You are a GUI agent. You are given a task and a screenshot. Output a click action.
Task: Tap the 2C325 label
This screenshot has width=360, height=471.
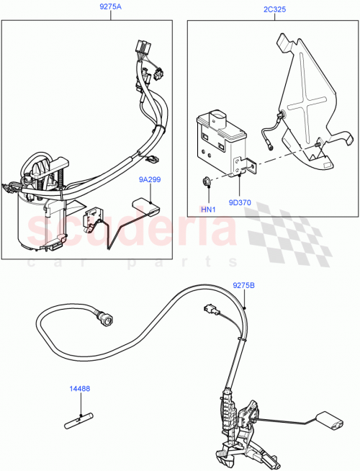click(276, 11)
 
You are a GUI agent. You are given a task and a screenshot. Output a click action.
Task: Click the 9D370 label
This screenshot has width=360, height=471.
click(241, 204)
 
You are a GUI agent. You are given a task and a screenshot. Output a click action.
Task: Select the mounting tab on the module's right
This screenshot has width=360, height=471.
click(249, 167)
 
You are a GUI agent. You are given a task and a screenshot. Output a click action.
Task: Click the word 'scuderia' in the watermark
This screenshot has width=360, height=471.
click(130, 230)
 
